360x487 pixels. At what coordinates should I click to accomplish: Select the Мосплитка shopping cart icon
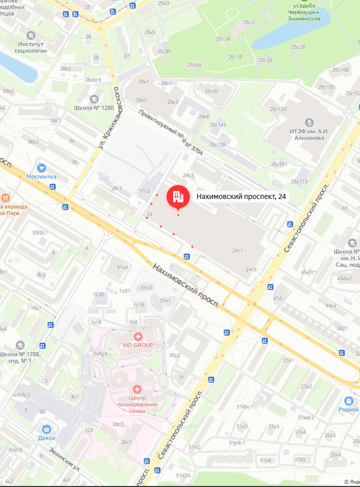point(42,168)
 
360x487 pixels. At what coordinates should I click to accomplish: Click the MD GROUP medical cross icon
point(137,336)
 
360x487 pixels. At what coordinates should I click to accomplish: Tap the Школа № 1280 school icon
point(94,99)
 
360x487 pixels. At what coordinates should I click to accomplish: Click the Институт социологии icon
point(31,35)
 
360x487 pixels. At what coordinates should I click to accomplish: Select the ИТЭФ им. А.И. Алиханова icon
point(309,122)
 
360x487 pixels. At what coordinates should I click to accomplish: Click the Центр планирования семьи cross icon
point(136,389)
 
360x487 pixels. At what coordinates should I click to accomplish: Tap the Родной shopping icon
point(349,401)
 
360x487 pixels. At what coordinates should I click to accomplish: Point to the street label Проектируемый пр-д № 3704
point(166,129)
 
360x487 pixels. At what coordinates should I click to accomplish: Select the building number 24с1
point(237,251)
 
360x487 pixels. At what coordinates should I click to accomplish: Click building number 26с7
point(116,188)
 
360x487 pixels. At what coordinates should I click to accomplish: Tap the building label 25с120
point(278,109)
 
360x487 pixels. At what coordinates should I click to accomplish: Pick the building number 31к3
point(146,288)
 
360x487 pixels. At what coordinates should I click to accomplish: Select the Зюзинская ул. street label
point(65,457)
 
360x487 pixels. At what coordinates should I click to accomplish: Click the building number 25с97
point(211,91)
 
